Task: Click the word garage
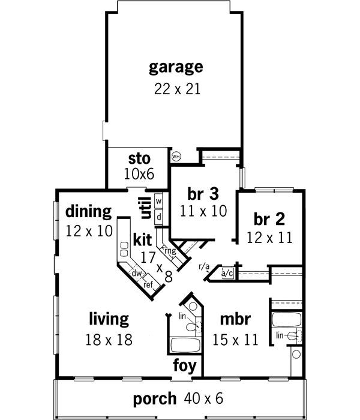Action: pyautogui.click(x=176, y=67)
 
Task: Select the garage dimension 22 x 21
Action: pyautogui.click(x=176, y=89)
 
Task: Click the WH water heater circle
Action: pyautogui.click(x=176, y=157)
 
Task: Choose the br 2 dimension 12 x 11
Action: pyautogui.click(x=269, y=238)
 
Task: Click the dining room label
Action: pyautogui.click(x=89, y=211)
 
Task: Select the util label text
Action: pyautogui.click(x=145, y=211)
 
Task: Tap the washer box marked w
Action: pyautogui.click(x=160, y=201)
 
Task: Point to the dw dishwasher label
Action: pyautogui.click(x=137, y=274)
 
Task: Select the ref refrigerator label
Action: pyautogui.click(x=148, y=285)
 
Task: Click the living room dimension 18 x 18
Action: pyautogui.click(x=109, y=339)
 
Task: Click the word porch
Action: pyautogui.click(x=155, y=398)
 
